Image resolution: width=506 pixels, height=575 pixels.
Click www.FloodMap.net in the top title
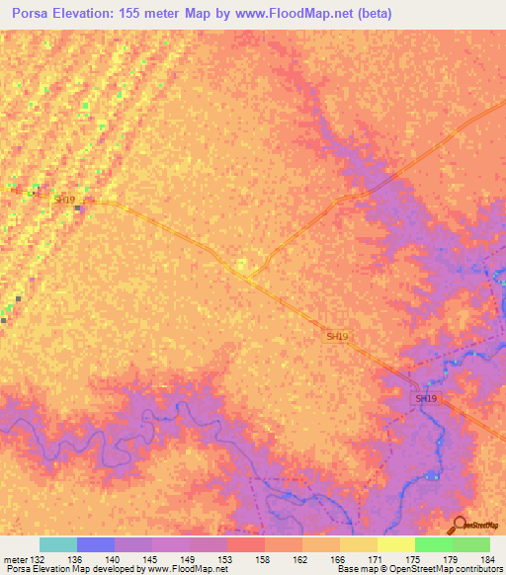tap(285, 13)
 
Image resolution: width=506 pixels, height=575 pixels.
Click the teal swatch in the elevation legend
tap(58, 544)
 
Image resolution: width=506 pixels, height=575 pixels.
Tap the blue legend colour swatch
tap(96, 544)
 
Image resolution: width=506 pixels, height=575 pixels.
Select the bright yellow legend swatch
tap(396, 544)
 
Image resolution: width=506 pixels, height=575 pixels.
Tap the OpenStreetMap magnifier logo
tap(459, 524)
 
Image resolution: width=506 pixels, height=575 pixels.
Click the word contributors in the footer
tap(474, 569)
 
